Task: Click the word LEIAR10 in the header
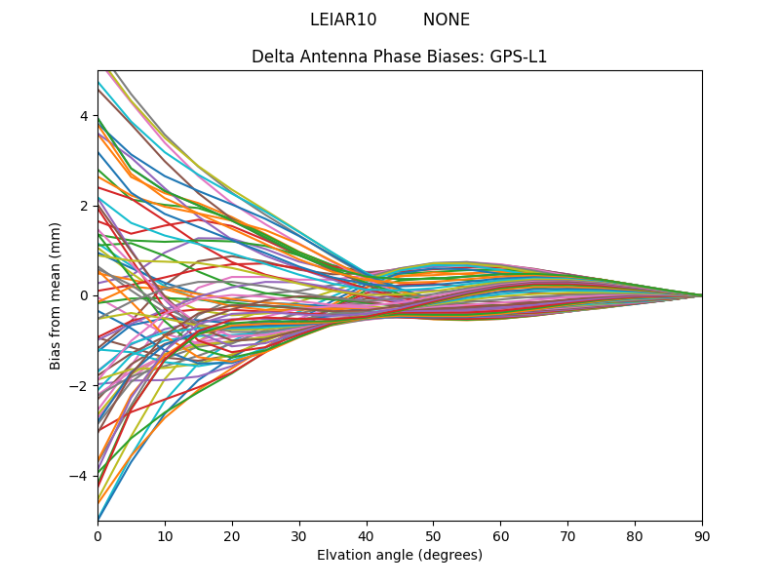(x=343, y=19)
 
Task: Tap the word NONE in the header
(x=447, y=19)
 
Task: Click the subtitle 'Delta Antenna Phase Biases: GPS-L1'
(x=400, y=57)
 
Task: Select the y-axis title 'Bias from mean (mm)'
(x=56, y=295)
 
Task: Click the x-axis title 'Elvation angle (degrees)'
(x=400, y=555)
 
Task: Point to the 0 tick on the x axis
(x=97, y=535)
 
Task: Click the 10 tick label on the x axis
(x=165, y=535)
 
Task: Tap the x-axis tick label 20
(x=232, y=535)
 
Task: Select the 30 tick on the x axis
(x=299, y=535)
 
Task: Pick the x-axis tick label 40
(x=367, y=535)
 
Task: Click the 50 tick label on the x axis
(x=433, y=535)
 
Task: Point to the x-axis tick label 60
(x=500, y=535)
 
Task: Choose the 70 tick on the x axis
(x=567, y=535)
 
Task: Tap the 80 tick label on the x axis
(x=635, y=535)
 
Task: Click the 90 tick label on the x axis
(x=702, y=535)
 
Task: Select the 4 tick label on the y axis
(x=84, y=116)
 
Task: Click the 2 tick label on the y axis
(x=84, y=206)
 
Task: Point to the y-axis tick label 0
(x=84, y=295)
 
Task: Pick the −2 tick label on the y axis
(x=80, y=385)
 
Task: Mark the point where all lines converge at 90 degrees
(x=701, y=295)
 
